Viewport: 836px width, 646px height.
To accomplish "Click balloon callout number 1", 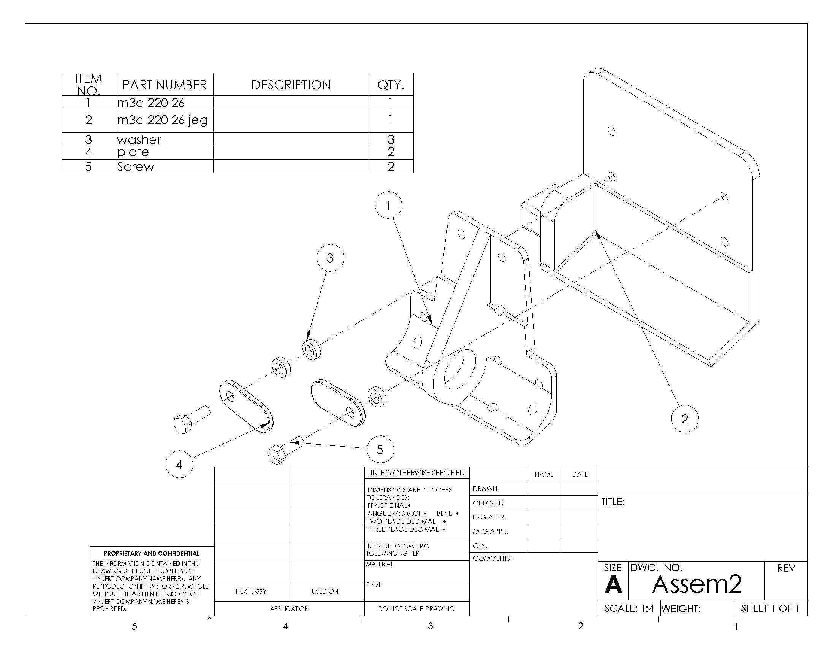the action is point(388,206).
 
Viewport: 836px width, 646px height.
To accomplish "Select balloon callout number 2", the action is point(685,419).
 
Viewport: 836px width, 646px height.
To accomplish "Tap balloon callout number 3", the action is point(330,258).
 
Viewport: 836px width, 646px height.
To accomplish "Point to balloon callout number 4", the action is point(179,464).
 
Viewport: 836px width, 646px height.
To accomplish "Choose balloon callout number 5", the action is point(380,449).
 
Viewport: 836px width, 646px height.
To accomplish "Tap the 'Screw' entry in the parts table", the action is point(136,166).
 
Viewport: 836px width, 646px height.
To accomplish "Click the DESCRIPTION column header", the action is point(291,85).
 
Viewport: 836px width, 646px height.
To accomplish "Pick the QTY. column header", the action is point(391,85).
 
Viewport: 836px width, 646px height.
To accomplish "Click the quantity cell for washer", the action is point(391,139).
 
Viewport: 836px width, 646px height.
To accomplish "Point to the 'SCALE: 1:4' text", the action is point(629,608).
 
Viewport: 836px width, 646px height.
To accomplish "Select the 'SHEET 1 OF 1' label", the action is point(770,608).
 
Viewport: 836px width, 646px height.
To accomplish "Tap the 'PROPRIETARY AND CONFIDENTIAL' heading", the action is point(152,553).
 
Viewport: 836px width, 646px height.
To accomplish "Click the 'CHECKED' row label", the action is point(488,503).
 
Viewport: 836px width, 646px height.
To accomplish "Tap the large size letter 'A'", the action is point(613,584).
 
